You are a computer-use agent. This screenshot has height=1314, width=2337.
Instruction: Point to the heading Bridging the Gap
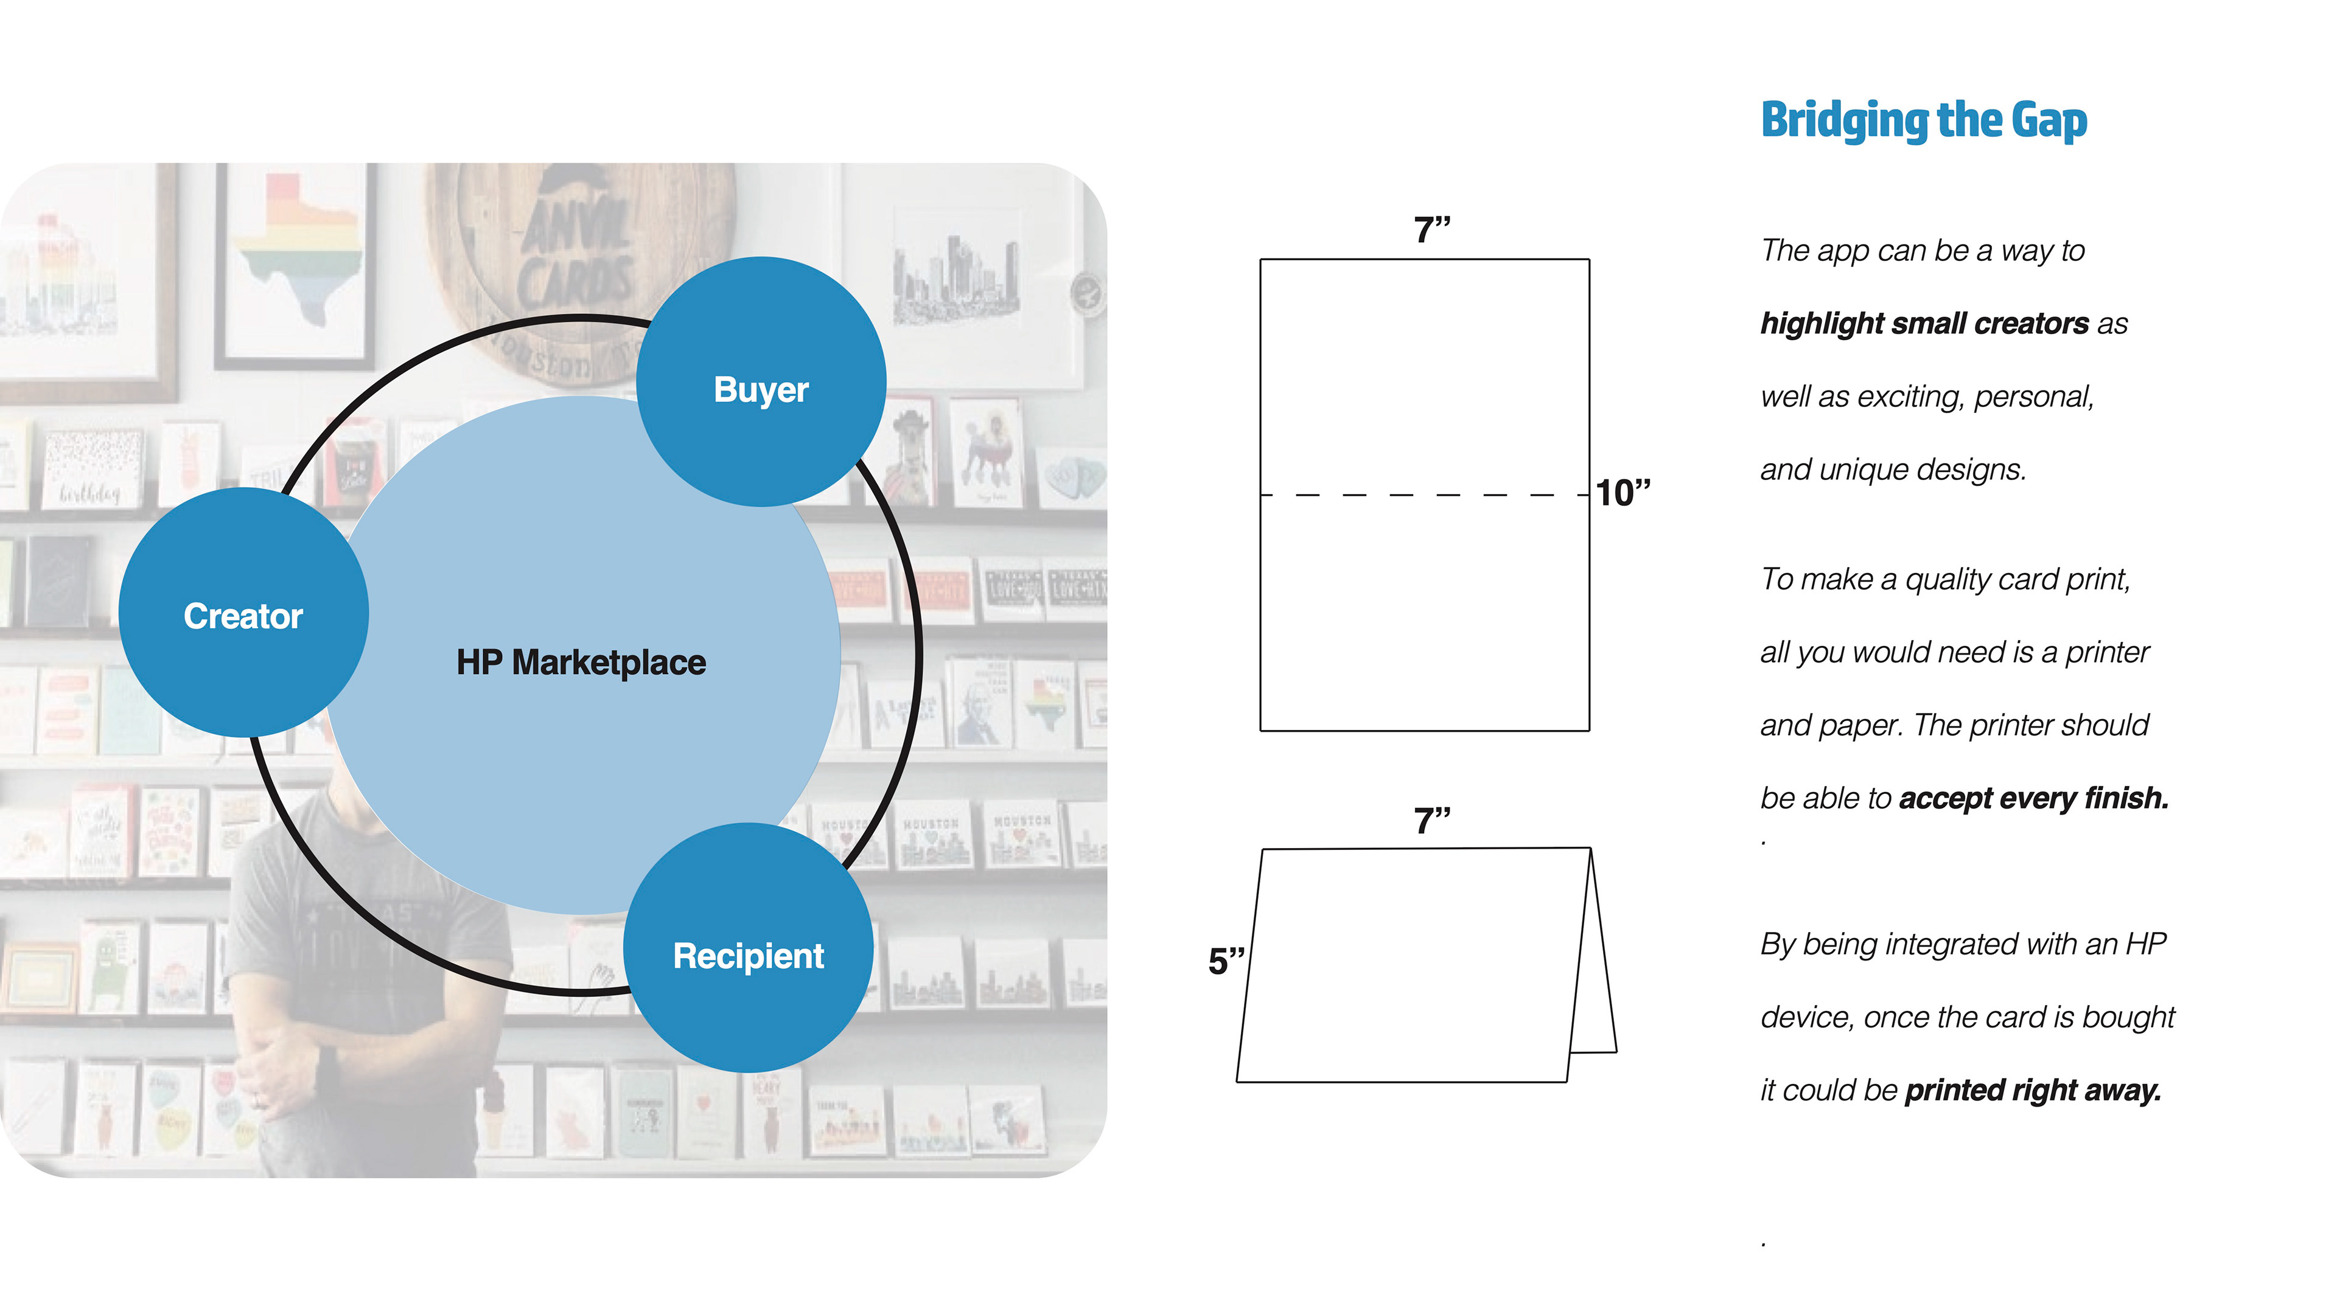(1923, 120)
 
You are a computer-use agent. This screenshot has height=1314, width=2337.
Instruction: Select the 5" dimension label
(1226, 961)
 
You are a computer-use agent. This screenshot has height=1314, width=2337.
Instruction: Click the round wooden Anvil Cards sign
(581, 263)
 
